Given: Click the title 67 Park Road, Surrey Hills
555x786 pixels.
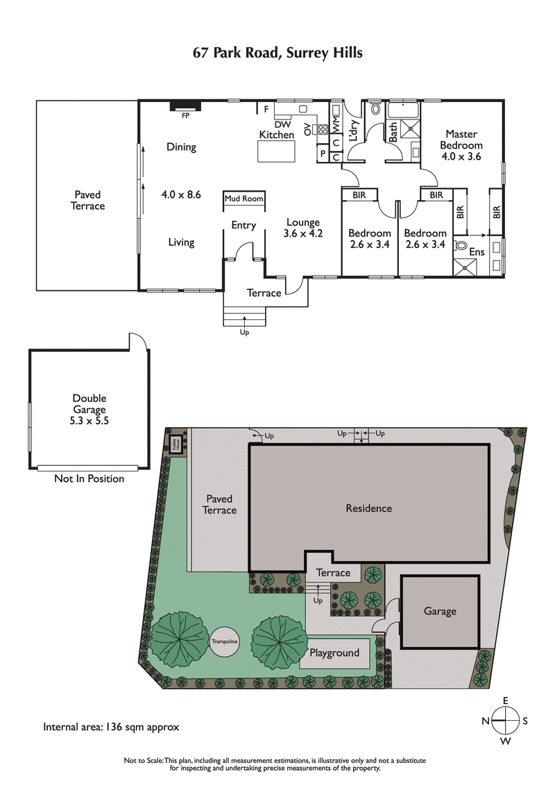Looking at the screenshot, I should [x=277, y=53].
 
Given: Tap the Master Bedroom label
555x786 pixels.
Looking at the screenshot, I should [x=461, y=145].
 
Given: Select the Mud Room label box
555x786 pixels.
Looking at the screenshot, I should [x=244, y=199].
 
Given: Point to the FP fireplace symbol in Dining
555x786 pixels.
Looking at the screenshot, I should [x=185, y=108].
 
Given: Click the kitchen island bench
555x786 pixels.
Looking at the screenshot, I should [x=276, y=151].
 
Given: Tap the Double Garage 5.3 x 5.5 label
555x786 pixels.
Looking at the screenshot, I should [x=89, y=410].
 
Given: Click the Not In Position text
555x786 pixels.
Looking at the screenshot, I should [x=89, y=478].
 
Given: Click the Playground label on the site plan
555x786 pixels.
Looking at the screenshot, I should [x=334, y=653].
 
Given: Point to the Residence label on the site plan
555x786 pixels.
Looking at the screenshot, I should [x=368, y=508].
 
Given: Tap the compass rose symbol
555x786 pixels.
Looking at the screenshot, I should [x=506, y=721].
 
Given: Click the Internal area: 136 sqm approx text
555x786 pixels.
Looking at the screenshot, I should [x=111, y=728].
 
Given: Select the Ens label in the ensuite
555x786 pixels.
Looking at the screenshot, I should [x=477, y=252].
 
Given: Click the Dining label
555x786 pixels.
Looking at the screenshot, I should [x=181, y=147].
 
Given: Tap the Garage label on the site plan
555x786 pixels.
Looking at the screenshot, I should [x=440, y=611].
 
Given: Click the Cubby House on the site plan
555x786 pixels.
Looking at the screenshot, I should [x=176, y=444].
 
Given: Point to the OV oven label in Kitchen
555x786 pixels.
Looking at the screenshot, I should [x=308, y=128].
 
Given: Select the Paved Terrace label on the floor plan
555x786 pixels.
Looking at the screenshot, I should [x=88, y=201].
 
